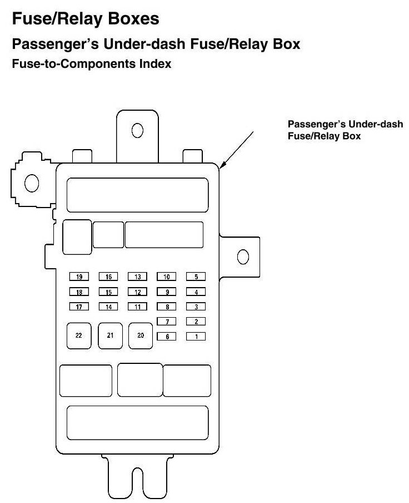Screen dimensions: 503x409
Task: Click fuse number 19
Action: click(79, 277)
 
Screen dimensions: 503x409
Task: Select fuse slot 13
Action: click(137, 277)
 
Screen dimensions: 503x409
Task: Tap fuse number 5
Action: click(196, 277)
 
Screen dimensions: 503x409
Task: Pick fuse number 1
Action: click(196, 336)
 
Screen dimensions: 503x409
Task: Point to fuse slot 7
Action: click(167, 321)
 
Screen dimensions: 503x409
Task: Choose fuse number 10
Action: click(167, 277)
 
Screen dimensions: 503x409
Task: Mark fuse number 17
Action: click(79, 307)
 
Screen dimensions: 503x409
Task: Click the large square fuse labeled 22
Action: click(79, 336)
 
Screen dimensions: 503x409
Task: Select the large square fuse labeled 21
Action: click(110, 336)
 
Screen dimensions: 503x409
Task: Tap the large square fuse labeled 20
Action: click(141, 336)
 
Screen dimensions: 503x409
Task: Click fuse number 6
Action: click(167, 336)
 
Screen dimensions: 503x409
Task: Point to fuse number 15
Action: click(108, 292)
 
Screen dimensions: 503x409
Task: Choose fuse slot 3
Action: click(196, 307)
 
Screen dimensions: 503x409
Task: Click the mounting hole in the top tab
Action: click(137, 130)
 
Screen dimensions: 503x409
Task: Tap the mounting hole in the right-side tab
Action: click(242, 257)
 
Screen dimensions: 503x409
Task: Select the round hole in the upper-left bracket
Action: click(32, 182)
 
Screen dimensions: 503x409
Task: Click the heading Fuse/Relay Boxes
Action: click(86, 19)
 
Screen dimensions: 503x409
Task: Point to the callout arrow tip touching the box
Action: click(221, 166)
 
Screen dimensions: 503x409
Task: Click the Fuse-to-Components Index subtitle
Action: click(91, 64)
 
